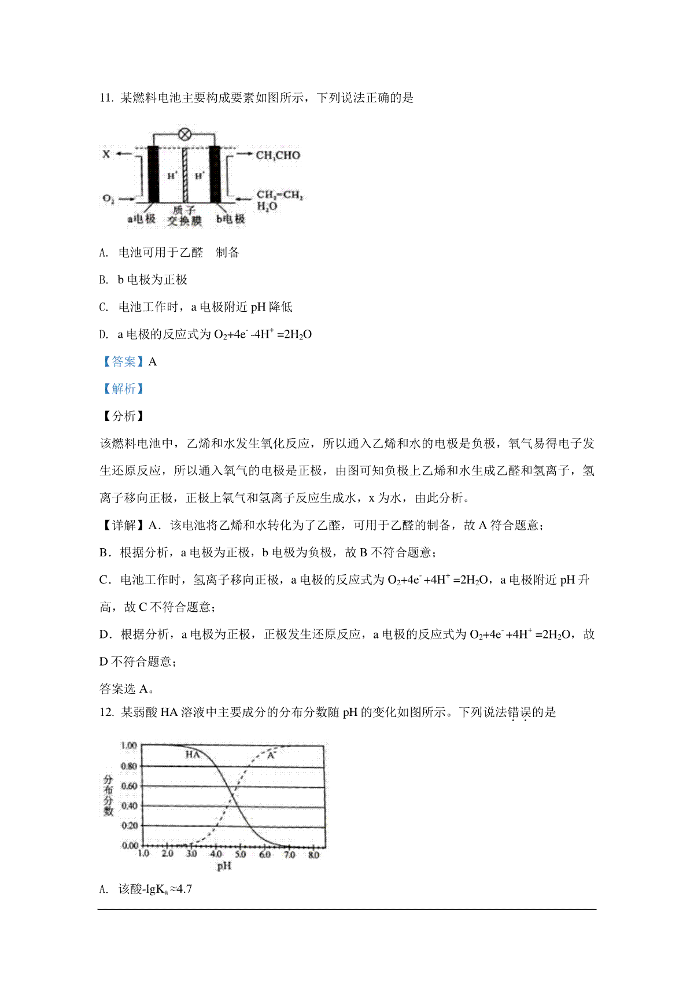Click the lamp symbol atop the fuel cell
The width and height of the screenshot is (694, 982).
184,135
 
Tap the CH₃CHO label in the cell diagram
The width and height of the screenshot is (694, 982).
278,155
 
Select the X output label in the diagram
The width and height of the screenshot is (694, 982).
106,154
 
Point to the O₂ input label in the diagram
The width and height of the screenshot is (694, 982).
108,199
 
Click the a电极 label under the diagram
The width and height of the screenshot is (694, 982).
142,219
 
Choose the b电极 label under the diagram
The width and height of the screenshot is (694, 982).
231,219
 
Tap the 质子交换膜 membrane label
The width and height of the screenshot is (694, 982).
185,216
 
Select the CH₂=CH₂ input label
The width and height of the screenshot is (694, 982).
279,195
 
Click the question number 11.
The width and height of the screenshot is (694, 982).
106,98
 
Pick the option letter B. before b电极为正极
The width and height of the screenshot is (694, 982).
104,280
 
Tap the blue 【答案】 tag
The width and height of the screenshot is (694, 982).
123,362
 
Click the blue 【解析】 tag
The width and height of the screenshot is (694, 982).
123,389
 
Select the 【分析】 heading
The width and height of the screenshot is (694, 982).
123,416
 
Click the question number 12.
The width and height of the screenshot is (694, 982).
106,712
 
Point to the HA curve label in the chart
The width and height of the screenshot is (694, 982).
193,755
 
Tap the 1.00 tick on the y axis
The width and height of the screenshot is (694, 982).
129,745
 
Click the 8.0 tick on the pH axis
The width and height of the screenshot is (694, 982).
313,855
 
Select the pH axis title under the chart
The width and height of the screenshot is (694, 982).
224,866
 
